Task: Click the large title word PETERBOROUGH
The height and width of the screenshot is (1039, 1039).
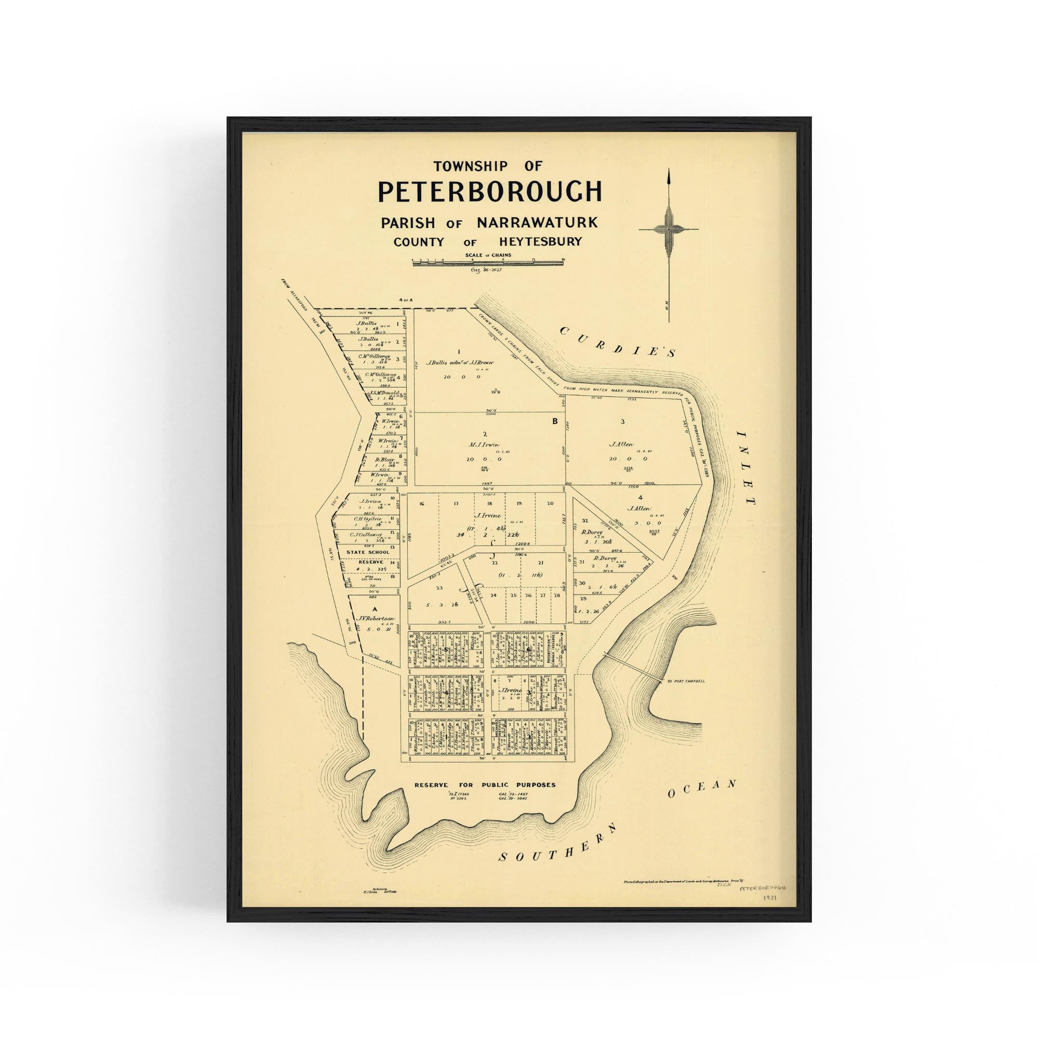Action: click(x=489, y=192)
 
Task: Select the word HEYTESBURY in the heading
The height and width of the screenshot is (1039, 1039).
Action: click(x=540, y=242)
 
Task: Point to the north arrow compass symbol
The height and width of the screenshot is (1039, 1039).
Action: click(x=669, y=229)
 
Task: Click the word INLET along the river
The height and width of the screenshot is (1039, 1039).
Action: click(x=747, y=468)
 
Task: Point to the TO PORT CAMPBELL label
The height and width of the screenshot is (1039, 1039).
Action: click(x=684, y=681)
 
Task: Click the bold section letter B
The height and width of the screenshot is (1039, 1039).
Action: click(x=555, y=422)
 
